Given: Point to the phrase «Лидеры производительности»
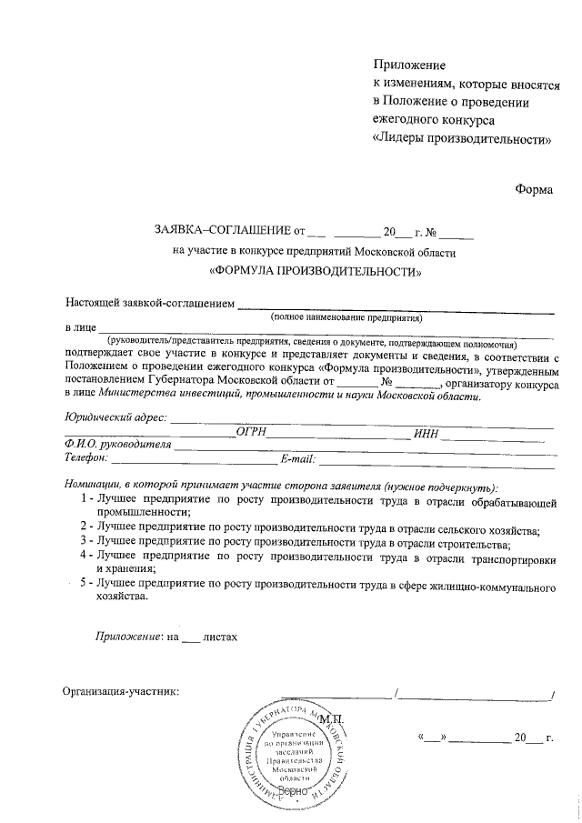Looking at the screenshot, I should (x=463, y=140).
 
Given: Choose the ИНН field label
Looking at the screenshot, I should (x=426, y=433).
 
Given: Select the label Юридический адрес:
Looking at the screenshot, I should (x=115, y=417).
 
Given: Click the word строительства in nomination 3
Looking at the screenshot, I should (x=468, y=540).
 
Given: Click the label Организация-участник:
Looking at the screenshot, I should (x=120, y=691).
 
